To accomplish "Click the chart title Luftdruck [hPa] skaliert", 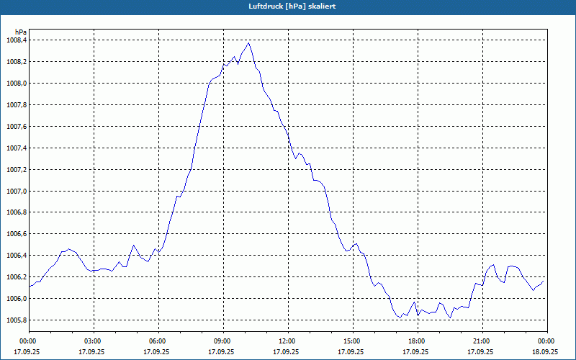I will point(287,6).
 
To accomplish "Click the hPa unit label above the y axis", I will point(22,32).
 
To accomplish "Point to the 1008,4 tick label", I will point(15,40).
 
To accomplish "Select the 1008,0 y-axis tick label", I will point(15,84).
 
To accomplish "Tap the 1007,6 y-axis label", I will point(15,127).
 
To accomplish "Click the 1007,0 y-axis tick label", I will point(15,192).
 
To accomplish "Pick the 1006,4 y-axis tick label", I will point(15,256).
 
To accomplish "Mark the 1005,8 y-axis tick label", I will point(15,320).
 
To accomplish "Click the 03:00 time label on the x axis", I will point(93,341).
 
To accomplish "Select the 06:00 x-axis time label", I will point(158,341).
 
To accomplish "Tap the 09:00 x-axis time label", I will point(222,341).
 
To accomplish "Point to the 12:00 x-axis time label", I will point(287,341).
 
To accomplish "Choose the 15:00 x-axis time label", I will point(352,341).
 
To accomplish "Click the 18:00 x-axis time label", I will point(417,341).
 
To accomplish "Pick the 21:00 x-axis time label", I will point(482,341).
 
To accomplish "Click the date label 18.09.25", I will point(545,352).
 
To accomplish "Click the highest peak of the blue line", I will point(249,42).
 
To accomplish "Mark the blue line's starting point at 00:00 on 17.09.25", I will point(30,287).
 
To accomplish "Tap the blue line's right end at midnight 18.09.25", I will point(545,280).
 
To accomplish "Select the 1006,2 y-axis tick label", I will point(15,277).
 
